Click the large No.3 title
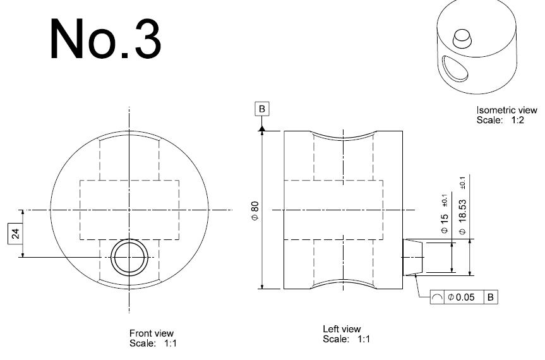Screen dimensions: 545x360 coord(105,39)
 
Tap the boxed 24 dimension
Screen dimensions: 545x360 coord(16,234)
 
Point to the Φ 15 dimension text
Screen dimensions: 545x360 coord(444,224)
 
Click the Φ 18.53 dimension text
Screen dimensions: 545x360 coord(462,217)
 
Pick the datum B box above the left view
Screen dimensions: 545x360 coord(261,109)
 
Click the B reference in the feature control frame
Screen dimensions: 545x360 coord(491,297)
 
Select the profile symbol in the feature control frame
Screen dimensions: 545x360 coord(437,297)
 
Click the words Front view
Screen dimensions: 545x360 coord(151,333)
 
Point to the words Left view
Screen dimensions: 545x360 coord(342,328)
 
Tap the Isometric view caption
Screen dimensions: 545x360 coord(506,110)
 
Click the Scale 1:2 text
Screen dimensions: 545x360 coord(500,120)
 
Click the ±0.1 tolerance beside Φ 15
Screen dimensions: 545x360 coord(444,200)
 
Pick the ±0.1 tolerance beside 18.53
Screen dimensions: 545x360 coord(462,183)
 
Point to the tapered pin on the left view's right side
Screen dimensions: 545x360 coord(412,257)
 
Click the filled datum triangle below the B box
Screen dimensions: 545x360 coord(262,129)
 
